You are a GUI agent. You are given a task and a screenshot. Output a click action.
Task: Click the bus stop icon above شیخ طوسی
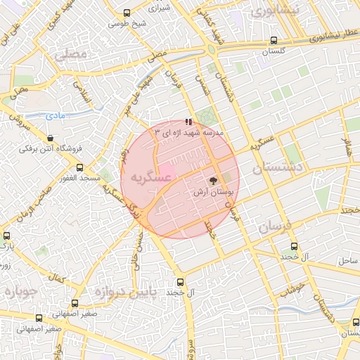point(127,13)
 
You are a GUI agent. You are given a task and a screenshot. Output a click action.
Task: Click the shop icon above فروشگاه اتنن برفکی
point(50,138)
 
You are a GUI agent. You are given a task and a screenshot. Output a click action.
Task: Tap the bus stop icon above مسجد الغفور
point(79,168)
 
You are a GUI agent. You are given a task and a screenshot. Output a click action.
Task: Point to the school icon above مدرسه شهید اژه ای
point(188,122)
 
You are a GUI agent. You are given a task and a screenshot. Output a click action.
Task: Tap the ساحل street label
point(348,260)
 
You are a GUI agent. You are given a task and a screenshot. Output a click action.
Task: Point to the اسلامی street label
point(82,94)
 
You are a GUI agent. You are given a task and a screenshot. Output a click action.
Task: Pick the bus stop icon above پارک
point(6,235)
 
